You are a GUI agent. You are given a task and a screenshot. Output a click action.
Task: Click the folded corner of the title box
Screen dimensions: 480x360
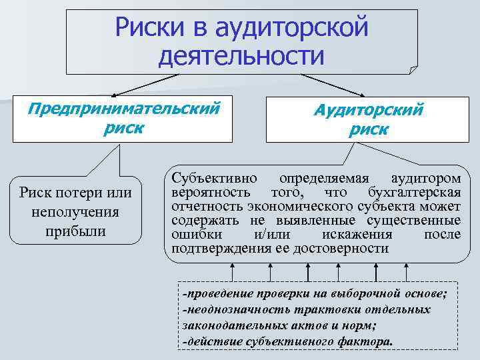click(x=412, y=69)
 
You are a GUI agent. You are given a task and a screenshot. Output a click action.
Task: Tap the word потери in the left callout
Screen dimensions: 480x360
click(x=78, y=193)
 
